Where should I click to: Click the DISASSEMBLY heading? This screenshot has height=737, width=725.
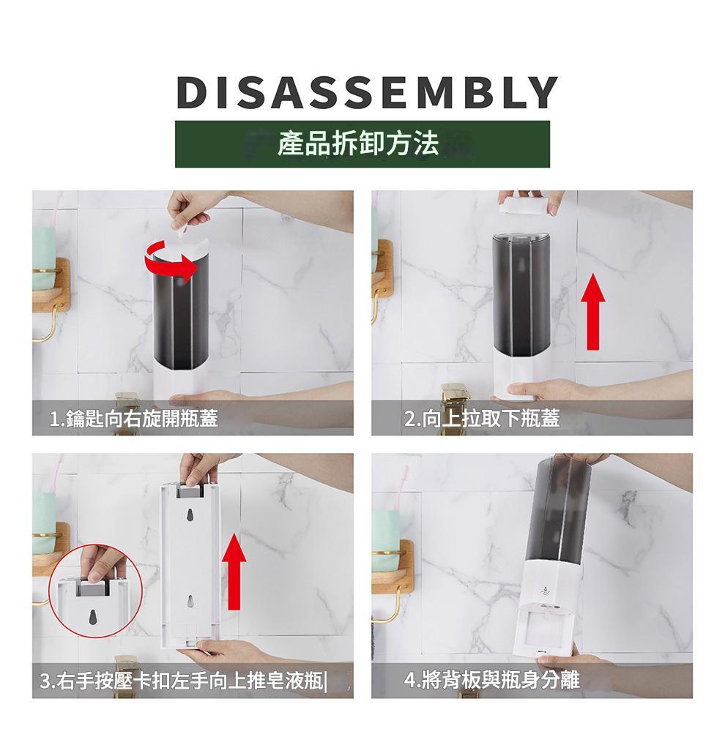(x=367, y=92)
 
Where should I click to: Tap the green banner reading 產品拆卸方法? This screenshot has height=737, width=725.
(x=362, y=144)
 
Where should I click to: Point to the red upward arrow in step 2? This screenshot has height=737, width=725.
(x=593, y=312)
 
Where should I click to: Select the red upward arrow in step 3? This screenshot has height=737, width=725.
(x=234, y=572)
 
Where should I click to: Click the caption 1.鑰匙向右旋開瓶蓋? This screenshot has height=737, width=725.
(x=134, y=418)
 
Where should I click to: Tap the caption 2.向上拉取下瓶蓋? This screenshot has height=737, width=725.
(x=482, y=418)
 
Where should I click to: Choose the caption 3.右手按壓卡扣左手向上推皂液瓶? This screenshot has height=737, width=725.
(x=182, y=680)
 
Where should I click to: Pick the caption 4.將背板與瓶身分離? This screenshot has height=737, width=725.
(x=492, y=680)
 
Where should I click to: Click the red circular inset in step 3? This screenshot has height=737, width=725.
(x=95, y=591)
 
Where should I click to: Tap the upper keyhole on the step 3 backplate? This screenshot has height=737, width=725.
(x=190, y=515)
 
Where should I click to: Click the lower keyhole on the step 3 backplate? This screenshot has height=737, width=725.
(x=190, y=601)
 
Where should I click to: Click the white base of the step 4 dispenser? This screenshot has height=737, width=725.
(x=549, y=607)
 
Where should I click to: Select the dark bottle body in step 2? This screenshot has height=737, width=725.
(x=522, y=293)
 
